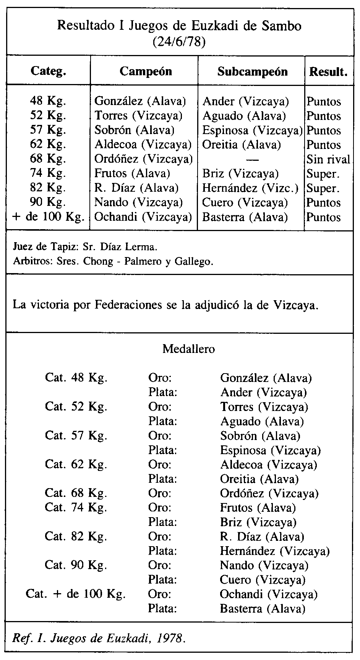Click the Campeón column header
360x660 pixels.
pyautogui.click(x=146, y=71)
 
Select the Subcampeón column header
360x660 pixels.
pyautogui.click(x=252, y=71)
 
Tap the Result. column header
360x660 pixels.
pyautogui.click(x=329, y=71)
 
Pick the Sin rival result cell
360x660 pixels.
pyautogui.click(x=328, y=159)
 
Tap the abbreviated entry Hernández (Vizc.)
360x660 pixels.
pyautogui.click(x=251, y=188)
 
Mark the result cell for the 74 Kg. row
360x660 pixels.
pyautogui.click(x=323, y=174)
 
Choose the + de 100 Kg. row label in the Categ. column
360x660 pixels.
pyautogui.click(x=49, y=217)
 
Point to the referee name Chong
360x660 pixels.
pyautogui.click(x=99, y=262)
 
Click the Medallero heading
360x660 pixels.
pyautogui.click(x=188, y=349)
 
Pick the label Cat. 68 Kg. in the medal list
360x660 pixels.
pyautogui.click(x=76, y=493)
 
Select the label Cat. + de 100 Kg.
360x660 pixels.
pyautogui.click(x=76, y=594)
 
